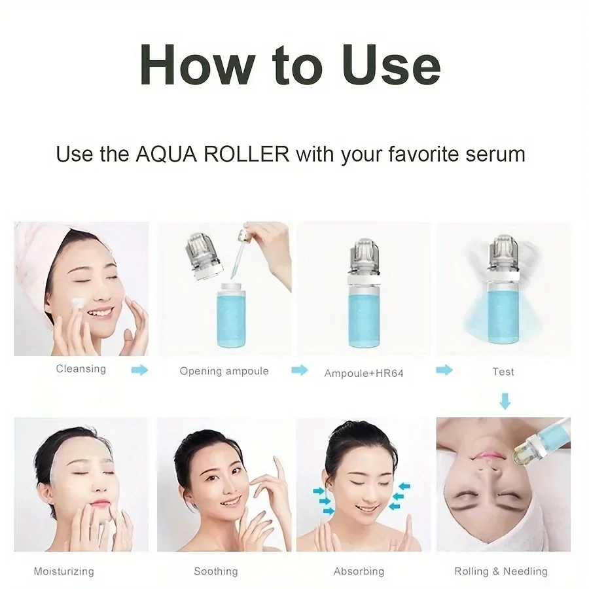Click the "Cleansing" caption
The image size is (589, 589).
click(x=80, y=369)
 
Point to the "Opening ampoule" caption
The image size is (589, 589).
click(x=224, y=371)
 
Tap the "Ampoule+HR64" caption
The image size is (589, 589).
click(x=364, y=374)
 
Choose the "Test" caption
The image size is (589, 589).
click(x=503, y=371)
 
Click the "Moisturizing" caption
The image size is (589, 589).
click(x=63, y=571)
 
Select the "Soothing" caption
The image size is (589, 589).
click(x=215, y=571)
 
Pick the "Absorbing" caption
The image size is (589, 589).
click(x=359, y=571)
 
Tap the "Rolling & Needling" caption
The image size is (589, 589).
click(x=501, y=571)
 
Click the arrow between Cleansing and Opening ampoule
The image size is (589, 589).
click(x=139, y=370)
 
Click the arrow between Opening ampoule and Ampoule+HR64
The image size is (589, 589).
click(x=299, y=370)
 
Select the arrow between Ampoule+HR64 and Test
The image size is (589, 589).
click(x=444, y=370)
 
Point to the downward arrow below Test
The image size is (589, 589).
click(x=504, y=400)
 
